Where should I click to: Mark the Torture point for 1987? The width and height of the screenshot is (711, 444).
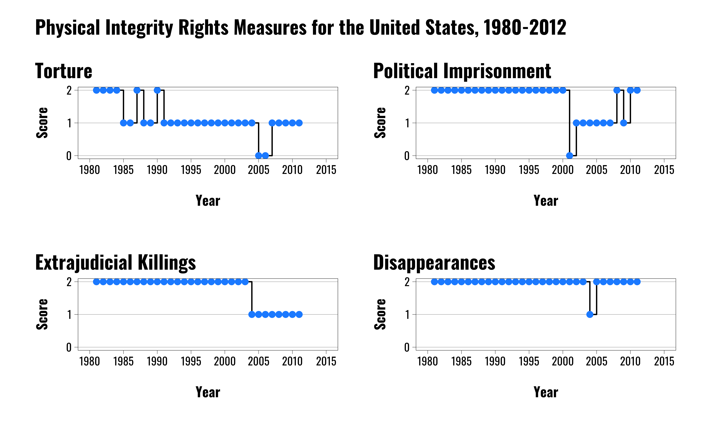pyautogui.click(x=137, y=90)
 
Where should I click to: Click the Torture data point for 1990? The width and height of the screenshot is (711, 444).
pyautogui.click(x=157, y=90)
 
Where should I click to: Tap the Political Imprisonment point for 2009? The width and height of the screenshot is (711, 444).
pyautogui.click(x=623, y=123)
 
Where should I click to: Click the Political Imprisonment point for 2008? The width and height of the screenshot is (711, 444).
pyautogui.click(x=617, y=90)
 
